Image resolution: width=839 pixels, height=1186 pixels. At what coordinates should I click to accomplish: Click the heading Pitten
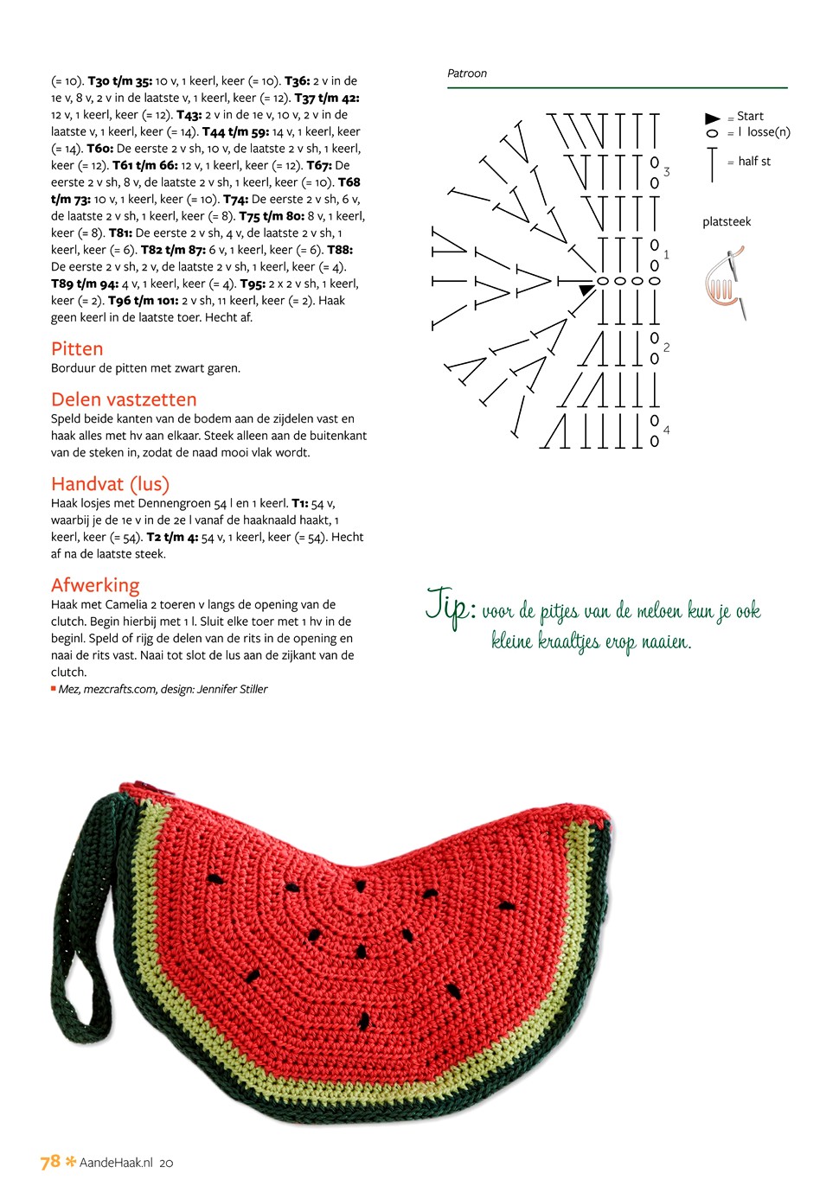77,349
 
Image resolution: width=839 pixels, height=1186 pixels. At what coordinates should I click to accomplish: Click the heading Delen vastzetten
124,399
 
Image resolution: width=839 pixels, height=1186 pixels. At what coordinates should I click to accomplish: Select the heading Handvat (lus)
110,484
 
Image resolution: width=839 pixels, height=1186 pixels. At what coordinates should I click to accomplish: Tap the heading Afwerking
95,585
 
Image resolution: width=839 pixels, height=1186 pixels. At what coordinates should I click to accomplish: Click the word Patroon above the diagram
467,73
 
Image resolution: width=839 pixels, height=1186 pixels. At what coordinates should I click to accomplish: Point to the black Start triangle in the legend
713,118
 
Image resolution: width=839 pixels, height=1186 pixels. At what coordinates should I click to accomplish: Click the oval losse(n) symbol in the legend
713,133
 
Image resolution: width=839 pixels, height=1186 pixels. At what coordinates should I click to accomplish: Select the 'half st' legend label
754,162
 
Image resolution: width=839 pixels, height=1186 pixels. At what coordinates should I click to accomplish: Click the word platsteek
727,222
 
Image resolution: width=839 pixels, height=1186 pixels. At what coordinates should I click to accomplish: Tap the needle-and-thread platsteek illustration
725,282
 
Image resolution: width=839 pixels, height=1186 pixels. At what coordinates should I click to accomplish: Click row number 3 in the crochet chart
667,172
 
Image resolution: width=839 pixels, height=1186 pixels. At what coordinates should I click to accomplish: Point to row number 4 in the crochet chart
667,430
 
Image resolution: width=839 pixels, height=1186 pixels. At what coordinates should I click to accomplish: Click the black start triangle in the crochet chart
586,290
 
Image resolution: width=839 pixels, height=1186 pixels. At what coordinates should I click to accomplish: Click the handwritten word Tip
448,605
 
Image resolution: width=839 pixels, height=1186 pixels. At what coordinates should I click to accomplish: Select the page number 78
50,1161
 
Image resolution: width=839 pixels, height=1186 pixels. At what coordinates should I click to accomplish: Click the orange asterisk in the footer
71,1161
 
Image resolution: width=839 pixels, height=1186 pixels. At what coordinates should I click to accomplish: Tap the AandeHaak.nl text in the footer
116,1163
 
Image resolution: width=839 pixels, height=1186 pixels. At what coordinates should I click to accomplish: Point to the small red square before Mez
54,688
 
